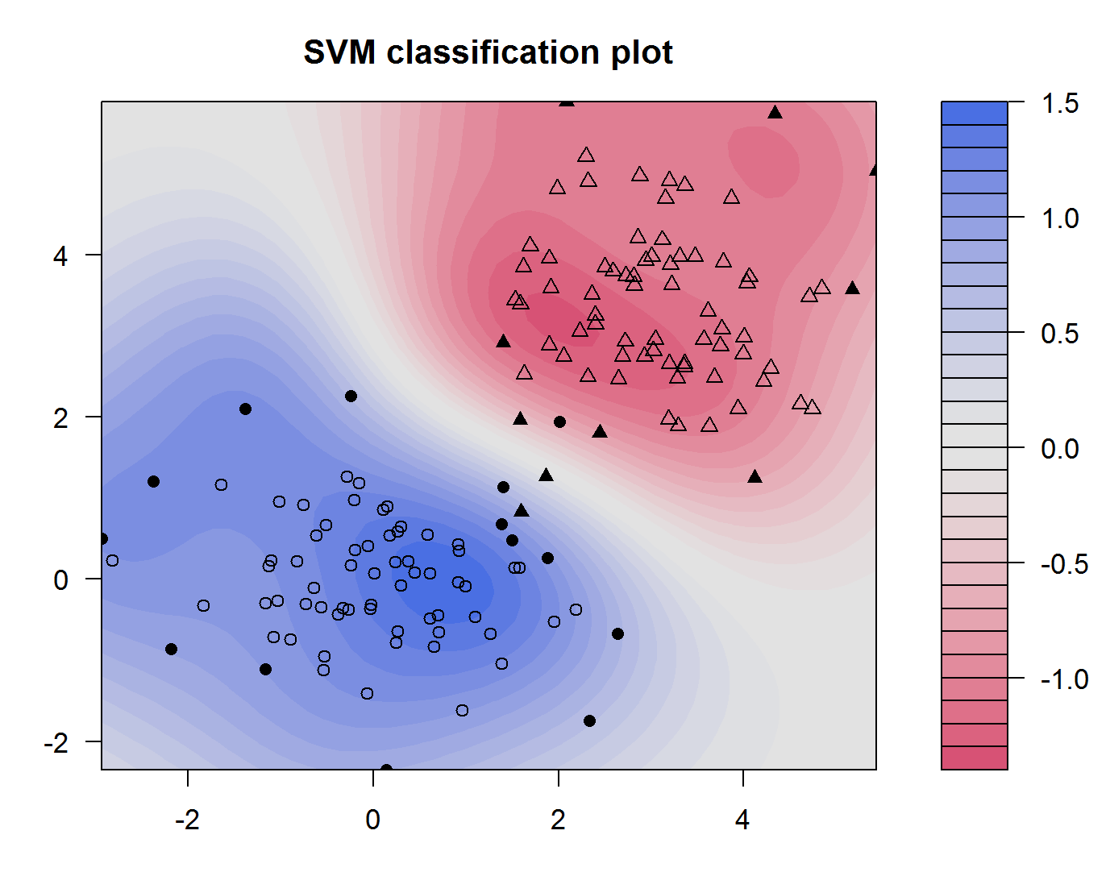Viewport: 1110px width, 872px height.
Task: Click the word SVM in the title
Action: tap(339, 53)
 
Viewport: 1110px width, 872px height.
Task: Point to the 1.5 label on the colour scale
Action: tap(1059, 103)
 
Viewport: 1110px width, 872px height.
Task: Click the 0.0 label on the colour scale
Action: tap(1059, 448)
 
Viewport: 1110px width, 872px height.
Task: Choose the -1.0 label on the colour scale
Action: tap(1064, 679)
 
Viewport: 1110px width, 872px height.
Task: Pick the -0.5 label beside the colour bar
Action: tap(1064, 563)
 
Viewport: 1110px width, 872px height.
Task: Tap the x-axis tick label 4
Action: tap(742, 820)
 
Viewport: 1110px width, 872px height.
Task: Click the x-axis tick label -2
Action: tap(187, 820)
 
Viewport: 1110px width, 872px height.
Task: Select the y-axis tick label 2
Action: tap(61, 417)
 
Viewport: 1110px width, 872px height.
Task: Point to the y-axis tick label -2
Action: tap(56, 742)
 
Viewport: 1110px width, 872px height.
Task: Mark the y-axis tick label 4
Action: tap(61, 255)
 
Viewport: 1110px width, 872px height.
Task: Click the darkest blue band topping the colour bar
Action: tap(974, 113)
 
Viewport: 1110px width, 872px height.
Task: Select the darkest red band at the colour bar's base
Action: tap(974, 758)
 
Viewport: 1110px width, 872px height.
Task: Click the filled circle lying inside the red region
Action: tap(559, 421)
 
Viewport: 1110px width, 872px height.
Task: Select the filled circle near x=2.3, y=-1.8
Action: tap(589, 720)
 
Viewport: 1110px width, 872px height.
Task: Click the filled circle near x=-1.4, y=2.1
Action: tap(245, 409)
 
